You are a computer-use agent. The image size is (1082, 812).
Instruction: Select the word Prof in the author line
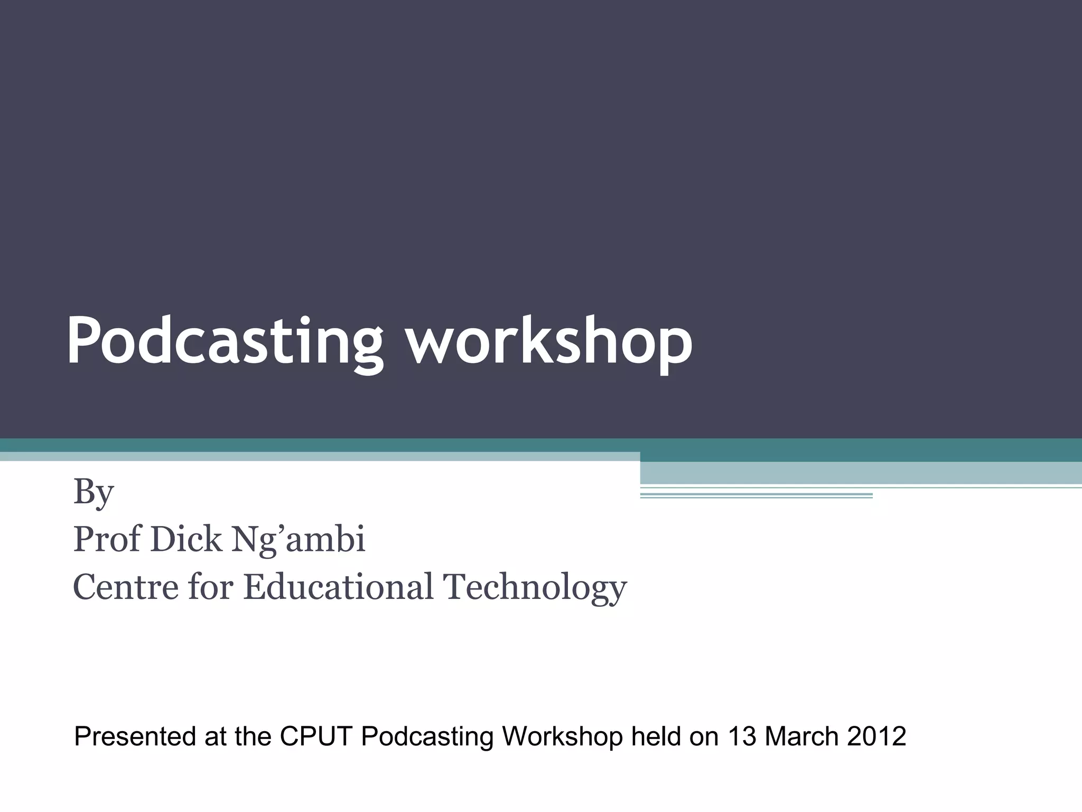coord(107,539)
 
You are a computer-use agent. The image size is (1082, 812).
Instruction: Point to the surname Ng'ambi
coord(299,540)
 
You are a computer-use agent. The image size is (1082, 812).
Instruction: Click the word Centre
coord(126,587)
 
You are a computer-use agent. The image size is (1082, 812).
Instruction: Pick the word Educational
coord(338,587)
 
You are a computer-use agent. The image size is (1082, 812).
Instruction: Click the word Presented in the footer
coord(135,736)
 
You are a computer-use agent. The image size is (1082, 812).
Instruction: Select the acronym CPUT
coord(315,736)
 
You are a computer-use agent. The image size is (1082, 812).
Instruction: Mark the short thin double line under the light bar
coord(755,495)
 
